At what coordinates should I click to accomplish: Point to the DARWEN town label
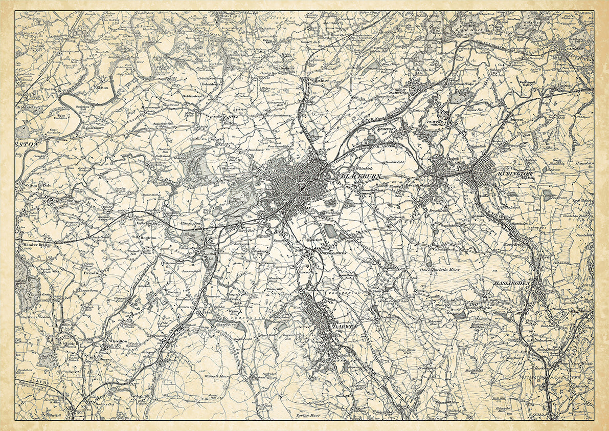[x=343, y=326]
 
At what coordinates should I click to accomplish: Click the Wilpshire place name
[x=318, y=80]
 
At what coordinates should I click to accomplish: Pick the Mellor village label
[x=228, y=122]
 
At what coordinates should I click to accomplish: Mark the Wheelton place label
[x=116, y=340]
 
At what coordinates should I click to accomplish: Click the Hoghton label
[x=147, y=238]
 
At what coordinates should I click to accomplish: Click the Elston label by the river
[x=102, y=88]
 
